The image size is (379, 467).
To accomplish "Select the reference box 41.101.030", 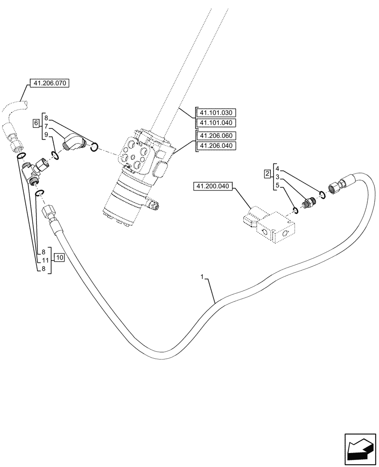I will point(218,113).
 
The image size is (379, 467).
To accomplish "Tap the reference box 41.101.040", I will point(218,123).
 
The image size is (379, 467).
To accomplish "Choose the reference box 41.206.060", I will point(218,136).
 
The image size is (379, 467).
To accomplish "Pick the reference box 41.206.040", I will point(218,146).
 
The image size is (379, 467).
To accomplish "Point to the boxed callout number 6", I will point(36,123).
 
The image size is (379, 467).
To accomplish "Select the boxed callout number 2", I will point(267,174).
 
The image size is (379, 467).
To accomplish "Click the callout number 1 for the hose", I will point(202,277).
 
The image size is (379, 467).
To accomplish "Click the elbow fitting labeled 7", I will point(74,142).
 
